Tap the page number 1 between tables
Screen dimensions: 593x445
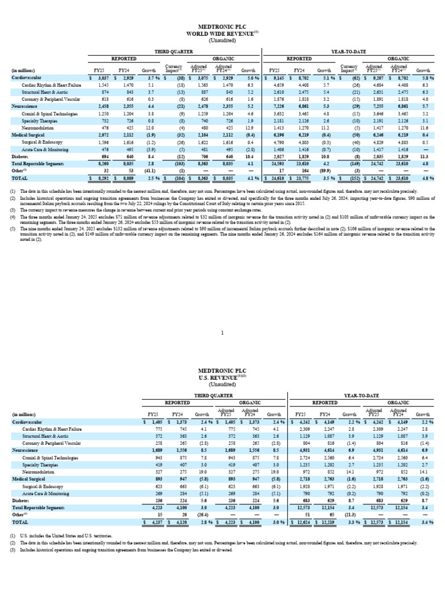point(222,332)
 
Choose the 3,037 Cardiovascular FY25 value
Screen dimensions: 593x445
point(100,78)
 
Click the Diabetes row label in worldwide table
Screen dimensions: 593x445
point(21,156)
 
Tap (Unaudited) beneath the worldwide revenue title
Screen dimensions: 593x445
point(222,39)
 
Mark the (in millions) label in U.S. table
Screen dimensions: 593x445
point(24,415)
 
